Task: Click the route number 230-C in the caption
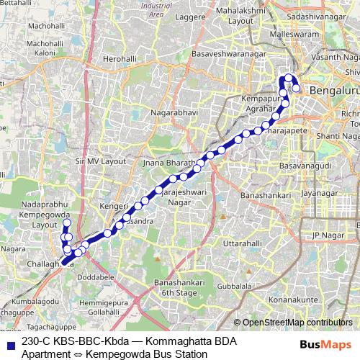(x=35, y=340)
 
